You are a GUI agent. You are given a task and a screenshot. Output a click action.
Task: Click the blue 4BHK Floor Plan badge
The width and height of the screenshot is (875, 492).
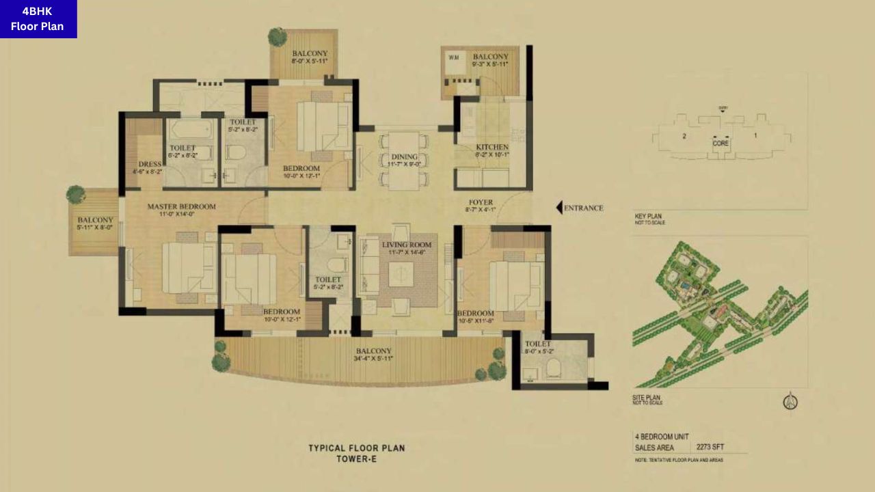click(x=38, y=19)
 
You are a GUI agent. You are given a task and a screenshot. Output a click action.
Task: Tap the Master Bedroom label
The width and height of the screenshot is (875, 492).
click(x=181, y=206)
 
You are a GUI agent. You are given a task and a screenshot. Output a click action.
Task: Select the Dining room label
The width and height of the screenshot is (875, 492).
click(x=404, y=157)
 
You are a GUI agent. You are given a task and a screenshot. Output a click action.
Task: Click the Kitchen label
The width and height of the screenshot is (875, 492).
click(x=492, y=147)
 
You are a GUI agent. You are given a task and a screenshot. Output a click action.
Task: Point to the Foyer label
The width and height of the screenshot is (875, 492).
click(x=481, y=202)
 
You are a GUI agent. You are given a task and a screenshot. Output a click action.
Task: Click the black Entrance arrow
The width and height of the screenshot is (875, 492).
click(x=559, y=208)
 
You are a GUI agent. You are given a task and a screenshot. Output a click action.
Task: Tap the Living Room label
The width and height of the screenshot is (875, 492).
click(x=407, y=245)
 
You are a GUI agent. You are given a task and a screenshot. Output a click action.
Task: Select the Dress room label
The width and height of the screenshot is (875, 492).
click(x=149, y=164)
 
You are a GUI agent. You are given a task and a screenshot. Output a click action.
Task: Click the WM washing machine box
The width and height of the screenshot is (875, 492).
click(x=454, y=57)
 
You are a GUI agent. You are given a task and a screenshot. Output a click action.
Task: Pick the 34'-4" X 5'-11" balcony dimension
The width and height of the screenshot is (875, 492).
click(x=373, y=359)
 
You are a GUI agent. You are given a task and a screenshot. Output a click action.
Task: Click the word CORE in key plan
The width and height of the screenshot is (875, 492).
click(x=721, y=143)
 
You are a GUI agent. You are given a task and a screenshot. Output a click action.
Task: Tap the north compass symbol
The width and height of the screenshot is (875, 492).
click(x=790, y=402)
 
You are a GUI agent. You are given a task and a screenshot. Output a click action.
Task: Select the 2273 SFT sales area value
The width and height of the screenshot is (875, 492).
click(x=710, y=448)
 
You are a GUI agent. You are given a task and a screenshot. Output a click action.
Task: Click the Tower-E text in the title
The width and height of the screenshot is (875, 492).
click(x=356, y=459)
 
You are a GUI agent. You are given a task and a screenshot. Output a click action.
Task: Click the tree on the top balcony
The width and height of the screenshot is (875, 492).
click(x=278, y=36)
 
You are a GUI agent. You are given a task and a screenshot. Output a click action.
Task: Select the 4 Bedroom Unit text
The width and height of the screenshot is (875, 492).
click(x=662, y=436)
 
